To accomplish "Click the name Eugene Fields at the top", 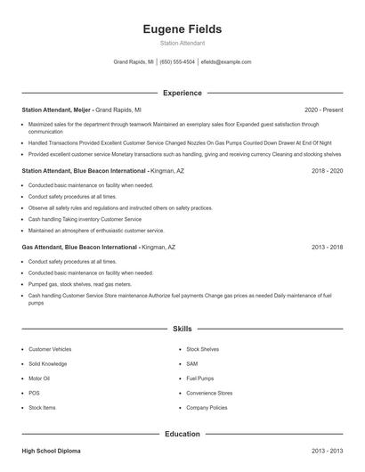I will point(182,29).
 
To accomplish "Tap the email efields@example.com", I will point(226,62).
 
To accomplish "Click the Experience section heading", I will point(182,93).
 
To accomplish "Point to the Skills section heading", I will point(182,329).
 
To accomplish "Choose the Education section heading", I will point(182,434).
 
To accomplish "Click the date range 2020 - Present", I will point(323,110).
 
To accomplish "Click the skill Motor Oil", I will point(39,378).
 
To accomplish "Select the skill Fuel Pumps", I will point(200,378).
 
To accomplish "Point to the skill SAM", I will point(192,364).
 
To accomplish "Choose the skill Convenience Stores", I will point(209,393).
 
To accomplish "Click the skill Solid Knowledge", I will point(47,364).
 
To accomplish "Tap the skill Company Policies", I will point(207,407).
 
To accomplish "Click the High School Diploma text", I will point(52,452).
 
